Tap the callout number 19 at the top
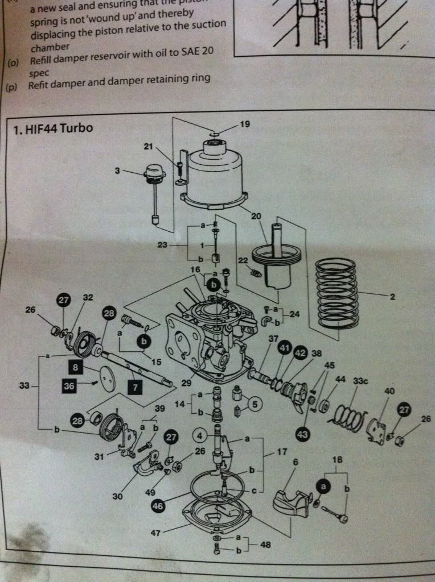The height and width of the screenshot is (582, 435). pyautogui.click(x=244, y=124)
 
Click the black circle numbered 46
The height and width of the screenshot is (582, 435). pyautogui.click(x=158, y=503)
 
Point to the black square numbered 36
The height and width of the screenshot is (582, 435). pyautogui.click(x=69, y=385)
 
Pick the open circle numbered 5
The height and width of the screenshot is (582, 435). pyautogui.click(x=255, y=404)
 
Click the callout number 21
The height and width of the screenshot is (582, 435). pyautogui.click(x=149, y=147)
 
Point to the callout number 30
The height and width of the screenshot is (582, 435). pyautogui.click(x=117, y=496)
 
